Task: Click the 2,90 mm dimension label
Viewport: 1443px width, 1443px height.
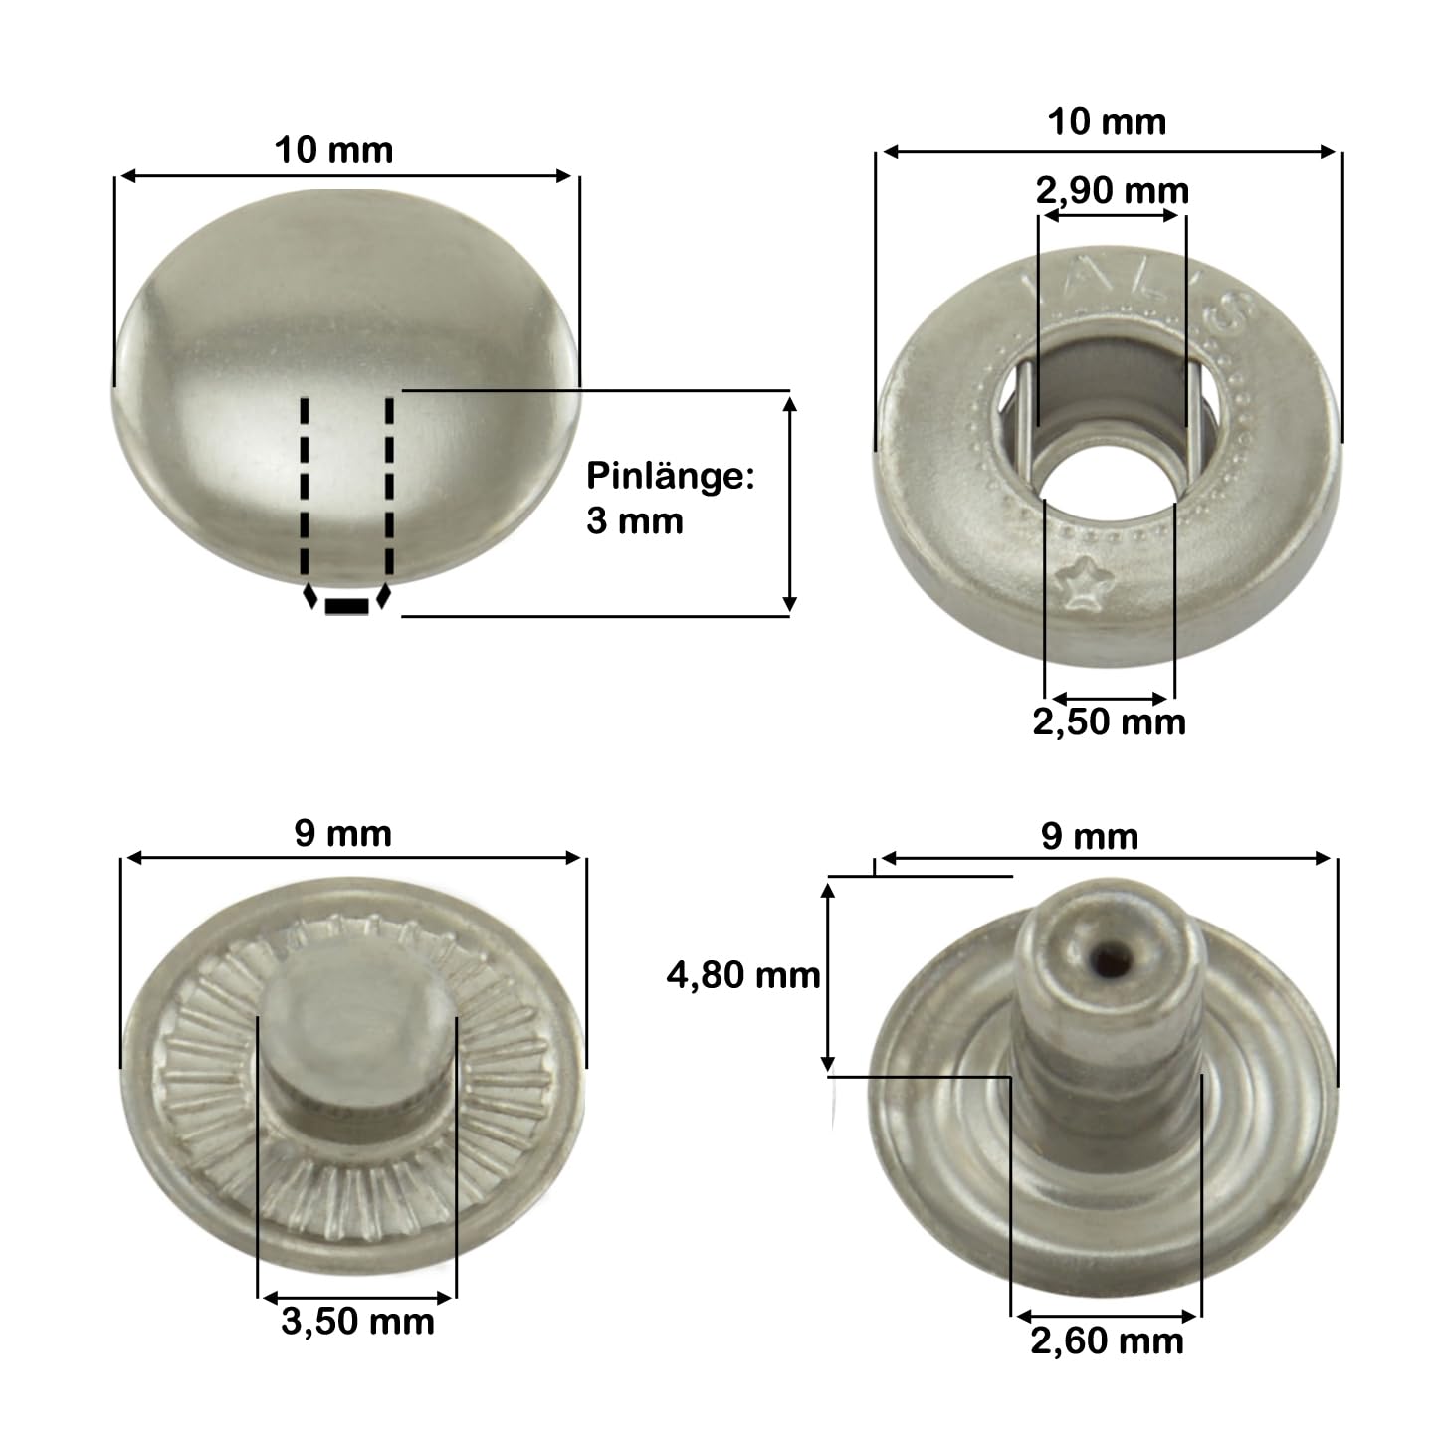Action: [1112, 190]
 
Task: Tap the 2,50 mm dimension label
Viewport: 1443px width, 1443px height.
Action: [1109, 721]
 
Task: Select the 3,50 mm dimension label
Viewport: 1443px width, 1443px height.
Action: [357, 1321]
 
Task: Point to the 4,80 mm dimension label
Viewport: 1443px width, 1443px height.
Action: [742, 975]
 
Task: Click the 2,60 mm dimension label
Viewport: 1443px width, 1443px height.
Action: [1107, 1340]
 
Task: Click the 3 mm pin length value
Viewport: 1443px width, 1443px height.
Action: [634, 520]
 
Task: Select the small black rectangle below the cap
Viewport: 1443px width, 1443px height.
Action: [346, 606]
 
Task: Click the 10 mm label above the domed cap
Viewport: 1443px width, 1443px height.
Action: [333, 150]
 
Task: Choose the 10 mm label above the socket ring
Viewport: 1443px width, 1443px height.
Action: [1107, 122]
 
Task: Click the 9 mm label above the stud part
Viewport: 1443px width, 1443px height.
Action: [342, 833]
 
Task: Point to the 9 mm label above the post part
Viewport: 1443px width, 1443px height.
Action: [1090, 836]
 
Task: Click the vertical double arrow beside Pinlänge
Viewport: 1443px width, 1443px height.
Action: [789, 504]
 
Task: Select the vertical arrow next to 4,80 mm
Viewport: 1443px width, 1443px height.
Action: [827, 975]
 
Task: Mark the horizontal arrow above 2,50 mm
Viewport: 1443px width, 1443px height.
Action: [1110, 699]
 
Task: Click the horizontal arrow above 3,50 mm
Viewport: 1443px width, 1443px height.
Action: [357, 1297]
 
